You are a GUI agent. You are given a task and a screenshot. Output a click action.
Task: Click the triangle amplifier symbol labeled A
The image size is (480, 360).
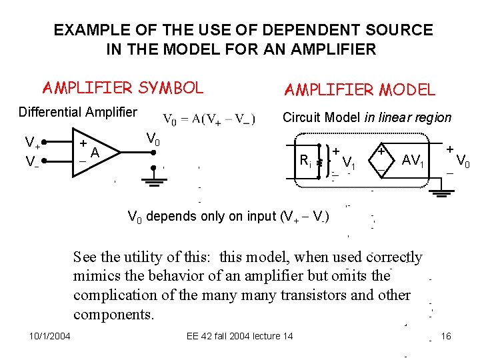(97, 153)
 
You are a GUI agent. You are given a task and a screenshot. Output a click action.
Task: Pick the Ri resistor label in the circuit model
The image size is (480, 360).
(305, 160)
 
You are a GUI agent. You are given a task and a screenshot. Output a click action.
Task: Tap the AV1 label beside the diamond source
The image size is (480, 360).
(413, 160)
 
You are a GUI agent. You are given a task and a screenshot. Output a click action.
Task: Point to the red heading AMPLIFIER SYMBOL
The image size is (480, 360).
(123, 87)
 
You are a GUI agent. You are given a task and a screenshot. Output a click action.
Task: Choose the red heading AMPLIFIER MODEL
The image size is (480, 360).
(359, 89)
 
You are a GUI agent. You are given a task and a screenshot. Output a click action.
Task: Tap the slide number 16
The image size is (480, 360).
(446, 336)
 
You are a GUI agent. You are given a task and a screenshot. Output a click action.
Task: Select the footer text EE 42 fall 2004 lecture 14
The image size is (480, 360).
(239, 336)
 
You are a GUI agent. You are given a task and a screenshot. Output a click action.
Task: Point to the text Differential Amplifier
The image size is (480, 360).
(77, 112)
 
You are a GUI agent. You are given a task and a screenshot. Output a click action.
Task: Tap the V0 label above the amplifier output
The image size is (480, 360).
(153, 139)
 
